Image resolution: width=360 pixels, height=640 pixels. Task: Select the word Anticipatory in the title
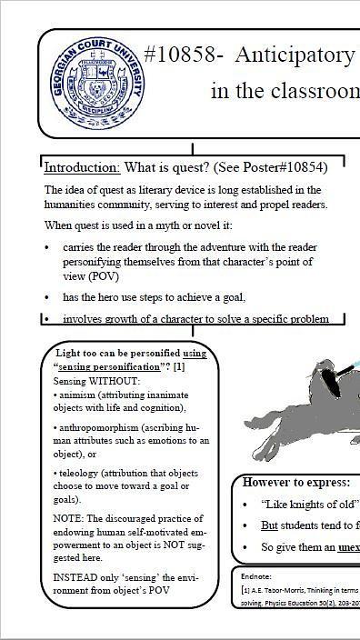pos(295,55)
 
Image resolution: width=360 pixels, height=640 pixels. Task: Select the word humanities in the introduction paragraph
pos(72,205)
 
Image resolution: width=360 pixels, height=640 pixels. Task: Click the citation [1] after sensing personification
pos(179,366)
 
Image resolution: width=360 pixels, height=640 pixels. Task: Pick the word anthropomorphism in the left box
pos(100,426)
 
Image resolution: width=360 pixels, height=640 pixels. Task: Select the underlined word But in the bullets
pos(269,525)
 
